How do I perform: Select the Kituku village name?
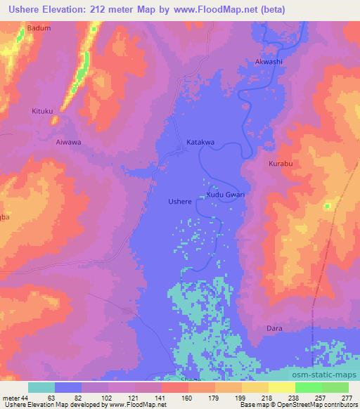tap(42, 111)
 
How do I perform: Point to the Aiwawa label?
tap(69, 141)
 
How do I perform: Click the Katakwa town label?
tap(200, 142)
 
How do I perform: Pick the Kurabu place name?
tap(281, 164)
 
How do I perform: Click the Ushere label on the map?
tap(180, 202)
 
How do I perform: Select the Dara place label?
tap(274, 327)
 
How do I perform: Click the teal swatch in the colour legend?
tap(41, 387)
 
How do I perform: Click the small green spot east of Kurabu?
tap(327, 206)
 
